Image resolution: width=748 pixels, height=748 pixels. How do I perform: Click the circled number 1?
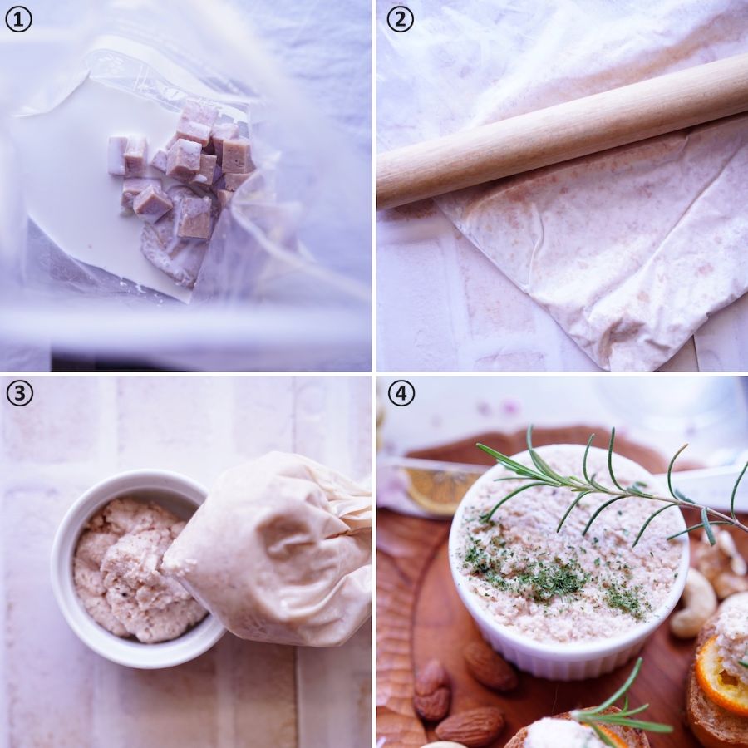point(18,19)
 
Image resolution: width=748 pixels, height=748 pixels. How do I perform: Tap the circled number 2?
point(400,19)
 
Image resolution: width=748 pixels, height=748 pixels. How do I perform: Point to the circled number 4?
point(401,393)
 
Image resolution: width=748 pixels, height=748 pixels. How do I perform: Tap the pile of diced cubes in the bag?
point(184,172)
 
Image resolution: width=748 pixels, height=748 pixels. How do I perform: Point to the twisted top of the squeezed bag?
point(348,505)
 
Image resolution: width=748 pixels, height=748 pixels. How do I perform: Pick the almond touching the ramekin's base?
point(489,666)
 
